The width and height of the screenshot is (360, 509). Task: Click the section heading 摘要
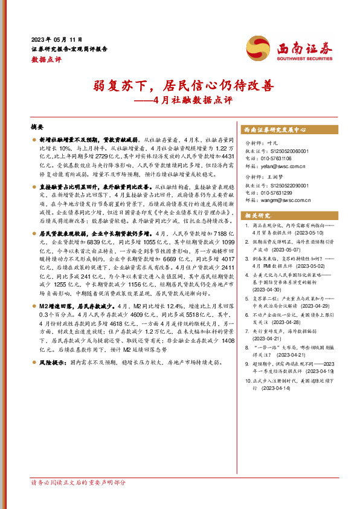pyautogui.click(x=37, y=128)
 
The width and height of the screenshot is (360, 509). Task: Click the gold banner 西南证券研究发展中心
pyautogui.click(x=275, y=130)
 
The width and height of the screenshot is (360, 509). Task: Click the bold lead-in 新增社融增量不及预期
pyautogui.click(x=67, y=140)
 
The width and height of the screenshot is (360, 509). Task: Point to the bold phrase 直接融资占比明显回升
pyautogui.click(x=67, y=188)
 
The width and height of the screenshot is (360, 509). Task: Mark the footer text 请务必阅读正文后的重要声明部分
pyautogui.click(x=79, y=482)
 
